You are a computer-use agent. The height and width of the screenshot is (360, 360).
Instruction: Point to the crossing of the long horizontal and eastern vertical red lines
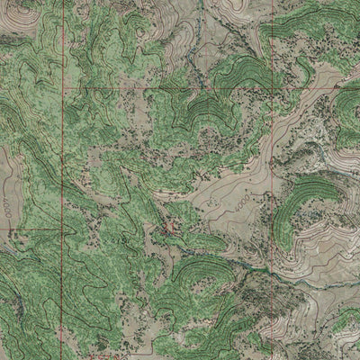click(270, 89)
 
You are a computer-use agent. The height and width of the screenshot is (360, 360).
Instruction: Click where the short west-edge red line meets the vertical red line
click(62, 229)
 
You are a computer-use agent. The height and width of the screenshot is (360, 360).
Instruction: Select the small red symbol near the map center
click(169, 229)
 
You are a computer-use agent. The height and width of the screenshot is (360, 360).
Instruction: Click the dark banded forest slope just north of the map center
click(205, 112)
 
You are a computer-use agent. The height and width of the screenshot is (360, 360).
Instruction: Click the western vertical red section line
click(62, 162)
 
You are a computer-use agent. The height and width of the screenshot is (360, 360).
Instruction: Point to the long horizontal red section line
click(162, 90)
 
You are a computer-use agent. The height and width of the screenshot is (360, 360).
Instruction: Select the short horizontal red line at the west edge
click(31, 229)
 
